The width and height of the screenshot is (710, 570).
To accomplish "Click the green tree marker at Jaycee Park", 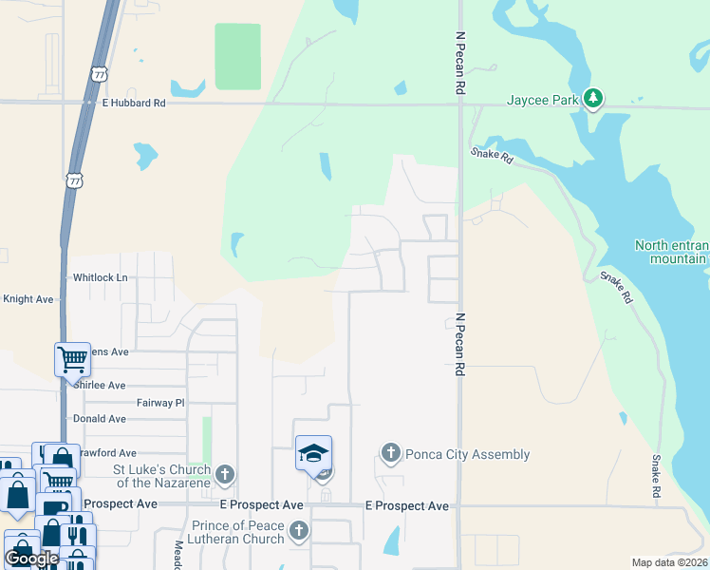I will coord(593,98).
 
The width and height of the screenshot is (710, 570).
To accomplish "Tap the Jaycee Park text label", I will coord(542,99).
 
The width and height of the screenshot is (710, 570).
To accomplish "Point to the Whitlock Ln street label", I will coord(101,277).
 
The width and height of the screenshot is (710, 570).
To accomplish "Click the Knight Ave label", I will coord(28,298).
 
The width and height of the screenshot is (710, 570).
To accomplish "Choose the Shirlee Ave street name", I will coord(100,386).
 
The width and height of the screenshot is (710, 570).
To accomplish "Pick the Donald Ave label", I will coord(100,419).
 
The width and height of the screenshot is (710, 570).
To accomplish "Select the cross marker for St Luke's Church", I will coord(225,473).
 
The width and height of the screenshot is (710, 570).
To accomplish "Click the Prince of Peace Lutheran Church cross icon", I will coord(299,529).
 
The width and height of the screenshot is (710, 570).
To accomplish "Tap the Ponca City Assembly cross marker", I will coord(390,452).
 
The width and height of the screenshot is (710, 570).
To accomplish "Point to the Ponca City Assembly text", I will coord(467,454).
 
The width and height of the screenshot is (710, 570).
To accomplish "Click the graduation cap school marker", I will coord(313,452).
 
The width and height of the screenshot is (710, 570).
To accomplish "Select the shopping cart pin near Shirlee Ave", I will coord(72,358).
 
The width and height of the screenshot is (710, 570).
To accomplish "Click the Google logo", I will coord(32,558).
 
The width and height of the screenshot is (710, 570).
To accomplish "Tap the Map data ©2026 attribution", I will coord(668,562).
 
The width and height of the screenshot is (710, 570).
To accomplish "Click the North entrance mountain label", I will coord(671,252).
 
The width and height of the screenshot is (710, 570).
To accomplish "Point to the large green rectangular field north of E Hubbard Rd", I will coord(237,57).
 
